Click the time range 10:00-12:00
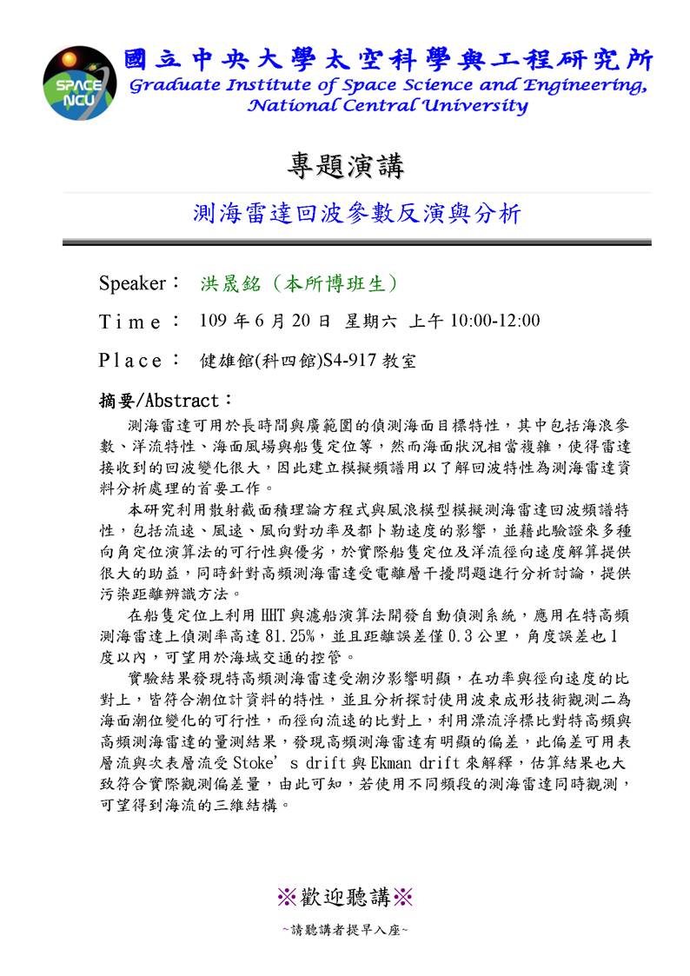pyautogui.click(x=494, y=321)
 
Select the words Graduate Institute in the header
pyautogui.click(x=202, y=85)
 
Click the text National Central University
pyautogui.click(x=388, y=106)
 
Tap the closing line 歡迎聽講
pyautogui.click(x=345, y=896)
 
